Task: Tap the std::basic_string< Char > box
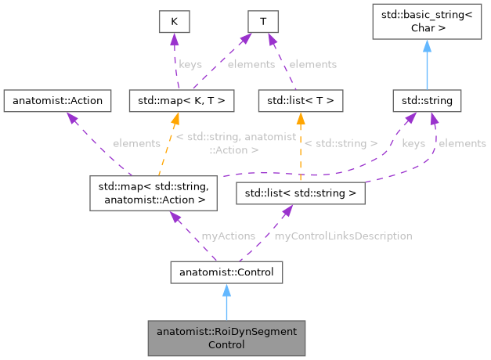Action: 427,21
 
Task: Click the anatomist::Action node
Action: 54,100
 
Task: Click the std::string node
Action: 427,100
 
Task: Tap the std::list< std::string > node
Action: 301,193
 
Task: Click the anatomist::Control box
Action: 226,272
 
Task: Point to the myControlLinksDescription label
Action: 343,236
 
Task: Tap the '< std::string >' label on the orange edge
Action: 341,143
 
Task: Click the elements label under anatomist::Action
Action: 136,143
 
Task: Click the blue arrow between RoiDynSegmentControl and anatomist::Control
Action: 226,302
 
